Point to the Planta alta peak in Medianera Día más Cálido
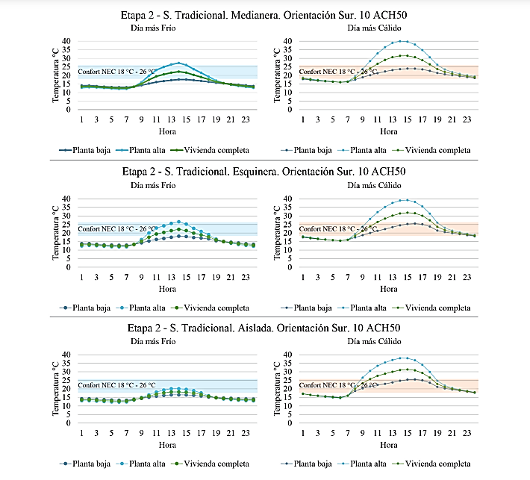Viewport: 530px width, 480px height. (x=403, y=41)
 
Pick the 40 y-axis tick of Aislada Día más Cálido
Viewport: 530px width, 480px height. (x=291, y=355)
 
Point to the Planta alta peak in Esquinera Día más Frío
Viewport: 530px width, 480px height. (x=178, y=222)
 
